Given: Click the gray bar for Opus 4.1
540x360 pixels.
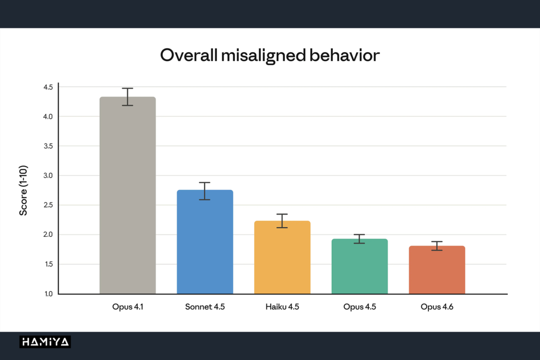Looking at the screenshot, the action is click(128, 195).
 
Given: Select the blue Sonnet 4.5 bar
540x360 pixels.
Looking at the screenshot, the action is click(205, 241).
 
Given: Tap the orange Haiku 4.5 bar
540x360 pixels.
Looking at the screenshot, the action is click(282, 257).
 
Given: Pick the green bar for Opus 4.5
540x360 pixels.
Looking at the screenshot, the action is click(360, 266).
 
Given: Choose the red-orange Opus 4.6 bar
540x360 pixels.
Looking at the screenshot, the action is click(437, 269).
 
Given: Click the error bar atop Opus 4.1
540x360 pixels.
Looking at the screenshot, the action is click(128, 96).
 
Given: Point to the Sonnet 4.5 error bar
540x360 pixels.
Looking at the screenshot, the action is click(205, 191).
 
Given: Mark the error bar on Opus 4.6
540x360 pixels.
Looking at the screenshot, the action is click(437, 246).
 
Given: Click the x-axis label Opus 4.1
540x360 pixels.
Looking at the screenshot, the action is click(128, 307).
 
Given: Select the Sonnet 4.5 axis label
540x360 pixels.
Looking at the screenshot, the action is click(205, 307).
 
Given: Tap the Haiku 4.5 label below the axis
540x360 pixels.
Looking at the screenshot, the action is click(282, 307).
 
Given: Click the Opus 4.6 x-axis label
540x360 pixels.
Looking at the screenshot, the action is click(437, 307).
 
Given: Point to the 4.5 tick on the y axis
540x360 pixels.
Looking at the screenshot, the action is click(48, 87).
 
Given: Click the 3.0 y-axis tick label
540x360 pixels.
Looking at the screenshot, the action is click(48, 176).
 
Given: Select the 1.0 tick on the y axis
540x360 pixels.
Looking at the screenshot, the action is click(49, 294).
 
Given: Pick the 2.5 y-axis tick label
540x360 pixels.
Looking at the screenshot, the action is click(48, 205).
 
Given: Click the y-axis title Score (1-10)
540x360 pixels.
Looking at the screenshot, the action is click(23, 191).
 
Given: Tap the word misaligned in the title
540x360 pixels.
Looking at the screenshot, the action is click(264, 56).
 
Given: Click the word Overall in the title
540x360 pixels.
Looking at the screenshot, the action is click(189, 55).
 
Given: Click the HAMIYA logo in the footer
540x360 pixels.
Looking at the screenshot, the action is click(45, 342).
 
